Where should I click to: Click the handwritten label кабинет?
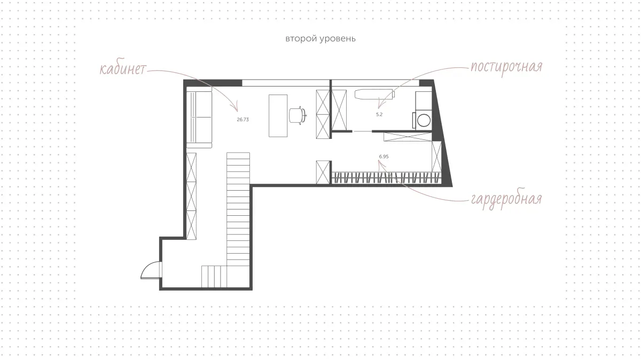(123, 69)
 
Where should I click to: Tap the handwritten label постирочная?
(506, 67)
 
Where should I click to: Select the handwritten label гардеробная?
(506, 199)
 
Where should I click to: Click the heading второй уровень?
(320, 38)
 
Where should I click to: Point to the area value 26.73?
(243, 120)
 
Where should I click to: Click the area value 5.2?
(379, 114)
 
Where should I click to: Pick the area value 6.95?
(384, 156)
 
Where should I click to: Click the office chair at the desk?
(298, 115)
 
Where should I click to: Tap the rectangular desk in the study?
(278, 116)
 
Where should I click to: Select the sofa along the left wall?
(199, 118)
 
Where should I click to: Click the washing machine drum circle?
(424, 120)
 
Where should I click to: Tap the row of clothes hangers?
(386, 177)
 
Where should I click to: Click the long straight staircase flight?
(238, 209)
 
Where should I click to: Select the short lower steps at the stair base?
(214, 277)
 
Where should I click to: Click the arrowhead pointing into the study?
(236, 107)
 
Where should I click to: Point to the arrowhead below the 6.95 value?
(380, 163)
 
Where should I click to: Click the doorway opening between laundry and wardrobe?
(362, 131)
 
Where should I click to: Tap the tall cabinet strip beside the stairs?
(191, 197)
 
